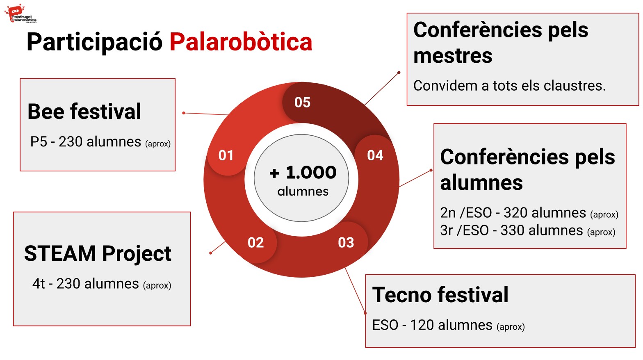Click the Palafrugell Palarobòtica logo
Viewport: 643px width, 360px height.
(21, 14)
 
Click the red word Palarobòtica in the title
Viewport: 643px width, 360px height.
(241, 42)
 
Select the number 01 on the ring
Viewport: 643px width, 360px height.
(226, 155)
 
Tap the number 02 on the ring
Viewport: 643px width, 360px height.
(255, 243)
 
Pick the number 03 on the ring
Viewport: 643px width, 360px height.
(346, 243)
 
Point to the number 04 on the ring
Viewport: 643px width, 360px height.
(375, 155)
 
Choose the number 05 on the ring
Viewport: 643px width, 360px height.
(302, 103)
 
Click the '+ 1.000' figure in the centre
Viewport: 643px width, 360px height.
(303, 172)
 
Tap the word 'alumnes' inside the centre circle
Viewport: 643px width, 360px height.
(303, 191)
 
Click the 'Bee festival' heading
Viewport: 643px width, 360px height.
(84, 112)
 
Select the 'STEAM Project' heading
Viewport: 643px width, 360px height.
(98, 254)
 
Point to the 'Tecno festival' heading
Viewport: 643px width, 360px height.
(440, 295)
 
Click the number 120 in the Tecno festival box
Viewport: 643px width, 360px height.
(422, 325)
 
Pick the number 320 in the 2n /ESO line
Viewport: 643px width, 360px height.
(516, 213)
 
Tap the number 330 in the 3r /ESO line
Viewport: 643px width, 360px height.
(513, 230)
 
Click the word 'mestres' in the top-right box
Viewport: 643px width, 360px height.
(453, 56)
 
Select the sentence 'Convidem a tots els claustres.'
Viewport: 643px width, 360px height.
(509, 86)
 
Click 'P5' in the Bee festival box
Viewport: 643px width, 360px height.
(39, 142)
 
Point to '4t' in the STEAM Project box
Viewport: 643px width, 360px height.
(39, 284)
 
